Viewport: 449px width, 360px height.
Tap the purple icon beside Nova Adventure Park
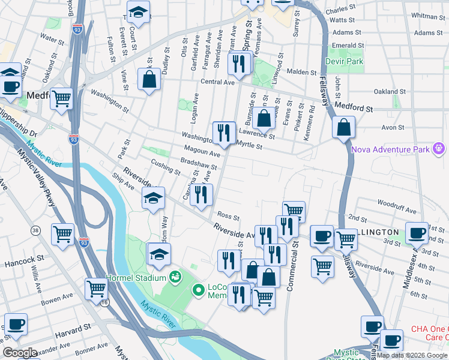[x=439, y=148]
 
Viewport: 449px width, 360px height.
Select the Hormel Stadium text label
[x=136, y=278]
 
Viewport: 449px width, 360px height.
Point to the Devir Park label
[x=345, y=61]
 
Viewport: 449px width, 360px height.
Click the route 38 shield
[x=35, y=230]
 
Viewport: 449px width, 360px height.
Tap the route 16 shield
[x=106, y=304]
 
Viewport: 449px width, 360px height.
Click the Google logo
[x=20, y=353]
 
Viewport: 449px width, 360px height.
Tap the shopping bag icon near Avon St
[x=343, y=127]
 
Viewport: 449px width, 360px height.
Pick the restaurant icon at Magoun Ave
[x=224, y=133]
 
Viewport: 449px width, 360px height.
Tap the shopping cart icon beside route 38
[x=63, y=235]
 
